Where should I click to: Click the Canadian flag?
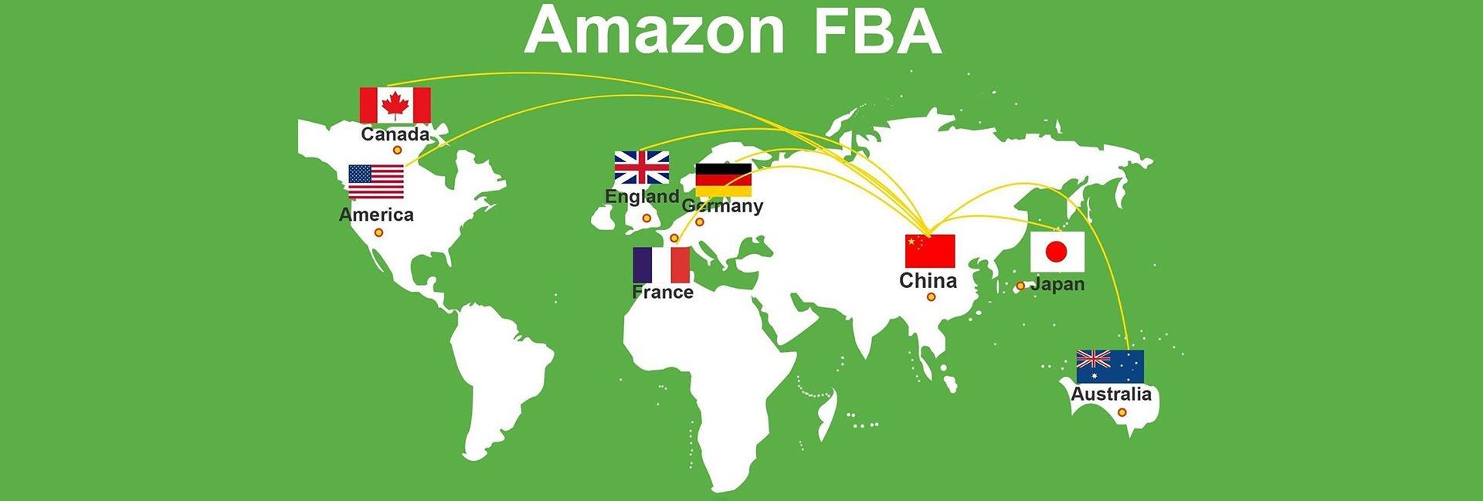395,105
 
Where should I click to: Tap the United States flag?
376,182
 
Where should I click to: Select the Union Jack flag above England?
641,168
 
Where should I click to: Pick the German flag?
723,180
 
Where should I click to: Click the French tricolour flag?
661,265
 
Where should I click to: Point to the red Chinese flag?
930,251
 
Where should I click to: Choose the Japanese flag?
1057,251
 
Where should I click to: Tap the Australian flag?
1110,367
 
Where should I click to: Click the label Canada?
395,134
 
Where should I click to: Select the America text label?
376,215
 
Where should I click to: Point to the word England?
642,196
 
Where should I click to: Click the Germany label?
723,206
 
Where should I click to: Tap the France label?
663,292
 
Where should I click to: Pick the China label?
928,280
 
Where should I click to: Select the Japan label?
1057,284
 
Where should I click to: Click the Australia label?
1111,394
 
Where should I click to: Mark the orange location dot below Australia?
1122,413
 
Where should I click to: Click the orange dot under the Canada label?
397,150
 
